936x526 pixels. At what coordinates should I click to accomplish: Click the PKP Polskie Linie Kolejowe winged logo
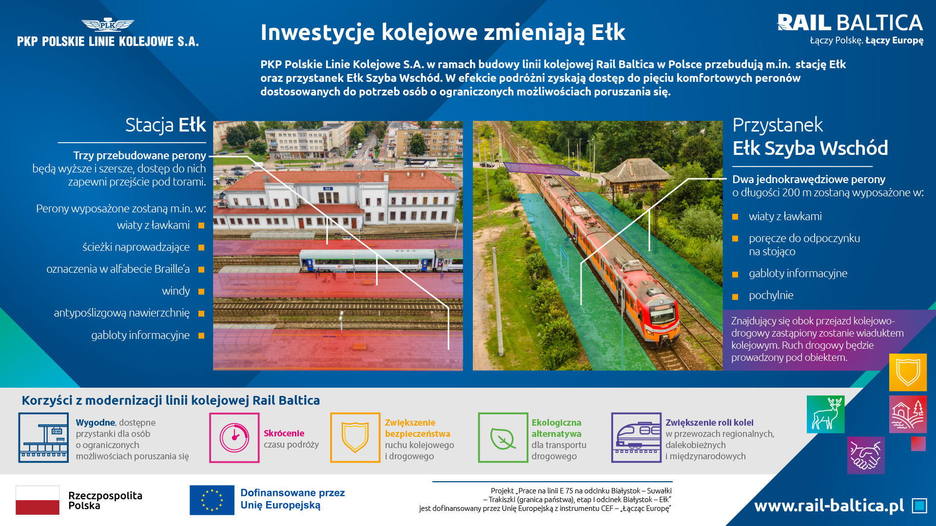(108, 24)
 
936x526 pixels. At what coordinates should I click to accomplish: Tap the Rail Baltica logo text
(850, 23)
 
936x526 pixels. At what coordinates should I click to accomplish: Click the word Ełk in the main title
(608, 32)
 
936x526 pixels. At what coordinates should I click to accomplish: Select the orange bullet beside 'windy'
(201, 292)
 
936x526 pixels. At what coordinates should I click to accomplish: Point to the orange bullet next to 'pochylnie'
(735, 297)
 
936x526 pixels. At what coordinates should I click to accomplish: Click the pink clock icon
(234, 437)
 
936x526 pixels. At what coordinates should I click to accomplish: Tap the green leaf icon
(503, 437)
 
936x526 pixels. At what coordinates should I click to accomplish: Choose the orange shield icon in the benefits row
(355, 437)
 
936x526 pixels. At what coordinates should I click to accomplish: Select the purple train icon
(636, 437)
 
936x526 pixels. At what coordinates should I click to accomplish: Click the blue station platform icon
(43, 437)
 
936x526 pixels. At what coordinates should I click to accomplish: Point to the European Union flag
(212, 500)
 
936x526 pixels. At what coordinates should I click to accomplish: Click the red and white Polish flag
(38, 500)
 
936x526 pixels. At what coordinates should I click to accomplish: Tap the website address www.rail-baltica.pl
(829, 506)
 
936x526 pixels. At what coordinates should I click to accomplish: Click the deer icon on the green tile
(825, 414)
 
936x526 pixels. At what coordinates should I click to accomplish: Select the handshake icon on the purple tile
(866, 455)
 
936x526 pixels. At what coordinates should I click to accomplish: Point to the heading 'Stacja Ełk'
(166, 125)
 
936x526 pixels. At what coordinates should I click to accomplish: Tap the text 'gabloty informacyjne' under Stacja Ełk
(140, 335)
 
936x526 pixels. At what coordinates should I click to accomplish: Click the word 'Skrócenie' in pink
(284, 433)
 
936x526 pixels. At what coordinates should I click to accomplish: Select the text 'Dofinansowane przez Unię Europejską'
(292, 499)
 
